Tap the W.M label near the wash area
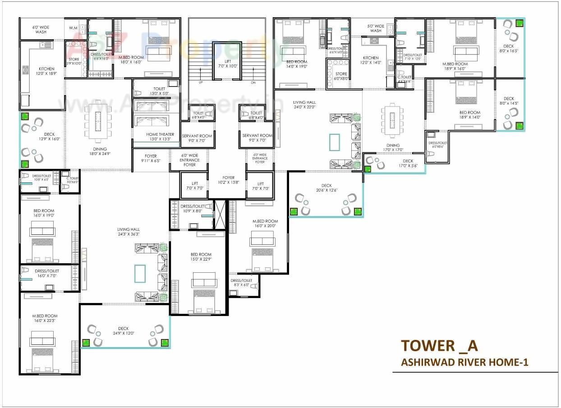point(73,28)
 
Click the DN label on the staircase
point(253,83)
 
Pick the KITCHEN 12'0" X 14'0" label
point(371,60)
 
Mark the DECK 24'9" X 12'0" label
point(123,331)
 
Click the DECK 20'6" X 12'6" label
point(326,188)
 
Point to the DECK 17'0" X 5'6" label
point(408,163)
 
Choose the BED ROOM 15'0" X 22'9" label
point(201,257)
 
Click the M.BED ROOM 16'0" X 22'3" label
point(45,318)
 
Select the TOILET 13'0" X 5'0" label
point(159,91)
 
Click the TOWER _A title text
point(439,345)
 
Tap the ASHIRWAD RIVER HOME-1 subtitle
point(464,362)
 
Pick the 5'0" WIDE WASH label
point(376,28)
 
